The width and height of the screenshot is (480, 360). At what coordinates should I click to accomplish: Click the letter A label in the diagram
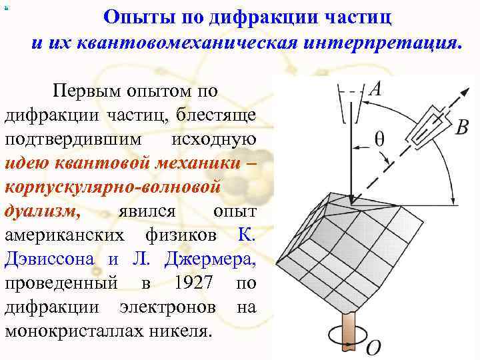coord(375,89)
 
